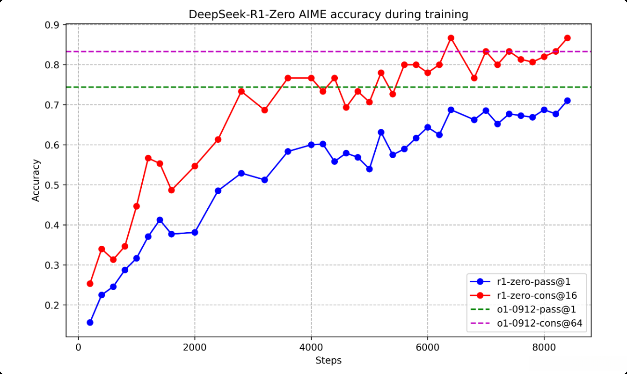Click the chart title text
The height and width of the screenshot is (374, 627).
point(328,15)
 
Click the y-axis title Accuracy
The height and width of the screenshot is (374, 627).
point(36,180)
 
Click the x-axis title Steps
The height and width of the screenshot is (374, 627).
point(328,360)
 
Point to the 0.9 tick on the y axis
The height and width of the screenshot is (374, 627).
point(55,25)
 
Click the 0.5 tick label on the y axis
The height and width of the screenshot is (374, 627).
point(55,185)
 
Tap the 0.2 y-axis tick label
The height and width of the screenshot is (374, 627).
point(55,305)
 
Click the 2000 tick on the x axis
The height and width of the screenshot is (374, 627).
point(195,348)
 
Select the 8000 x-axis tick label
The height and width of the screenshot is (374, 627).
point(544,348)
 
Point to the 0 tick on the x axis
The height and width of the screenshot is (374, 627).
point(78,348)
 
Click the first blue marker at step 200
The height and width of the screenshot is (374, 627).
point(90,323)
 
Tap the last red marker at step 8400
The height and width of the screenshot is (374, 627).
point(568,38)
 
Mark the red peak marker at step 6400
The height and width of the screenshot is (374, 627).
point(451,38)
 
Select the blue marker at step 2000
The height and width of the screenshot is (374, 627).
point(195,232)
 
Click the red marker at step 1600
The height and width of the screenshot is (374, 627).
point(171,190)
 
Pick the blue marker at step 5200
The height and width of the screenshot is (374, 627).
point(381,132)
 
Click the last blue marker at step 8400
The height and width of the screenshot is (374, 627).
point(568,101)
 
